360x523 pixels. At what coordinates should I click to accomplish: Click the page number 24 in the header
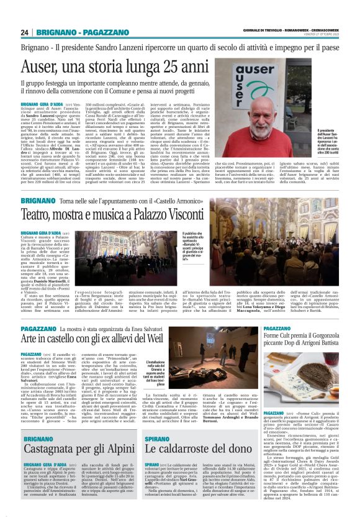(25, 32)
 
